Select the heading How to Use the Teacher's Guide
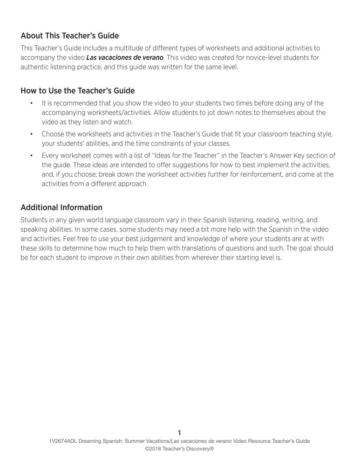point(77,91)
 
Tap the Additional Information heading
point(61,207)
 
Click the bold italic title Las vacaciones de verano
point(125,57)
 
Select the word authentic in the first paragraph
point(35,67)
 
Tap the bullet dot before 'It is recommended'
point(31,103)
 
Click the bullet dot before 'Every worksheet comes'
point(31,156)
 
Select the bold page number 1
point(179,433)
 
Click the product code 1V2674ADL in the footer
point(61,441)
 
